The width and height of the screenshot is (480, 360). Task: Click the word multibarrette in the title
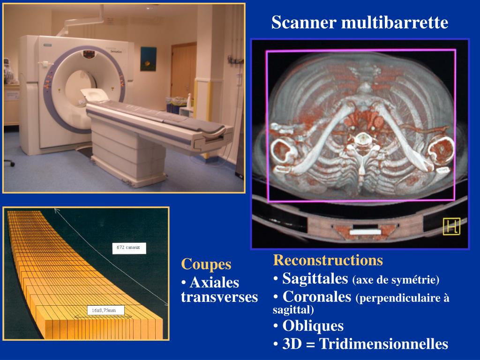pyautogui.click(x=395, y=22)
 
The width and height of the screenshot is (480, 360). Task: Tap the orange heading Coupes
pyautogui.click(x=206, y=264)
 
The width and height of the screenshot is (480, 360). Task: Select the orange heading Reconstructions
pyautogui.click(x=328, y=260)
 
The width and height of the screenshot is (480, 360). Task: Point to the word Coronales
pyautogui.click(x=317, y=297)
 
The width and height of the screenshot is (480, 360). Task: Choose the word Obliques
pyautogui.click(x=313, y=326)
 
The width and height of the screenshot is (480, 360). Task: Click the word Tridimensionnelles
pyautogui.click(x=383, y=344)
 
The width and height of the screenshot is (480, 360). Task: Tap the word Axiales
pyautogui.click(x=214, y=283)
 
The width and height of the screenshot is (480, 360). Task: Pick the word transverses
pyautogui.click(x=219, y=297)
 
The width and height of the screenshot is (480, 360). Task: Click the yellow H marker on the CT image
pyautogui.click(x=451, y=227)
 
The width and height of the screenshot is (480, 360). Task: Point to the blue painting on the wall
pyautogui.click(x=148, y=59)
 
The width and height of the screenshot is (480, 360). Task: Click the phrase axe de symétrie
pyautogui.click(x=396, y=280)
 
